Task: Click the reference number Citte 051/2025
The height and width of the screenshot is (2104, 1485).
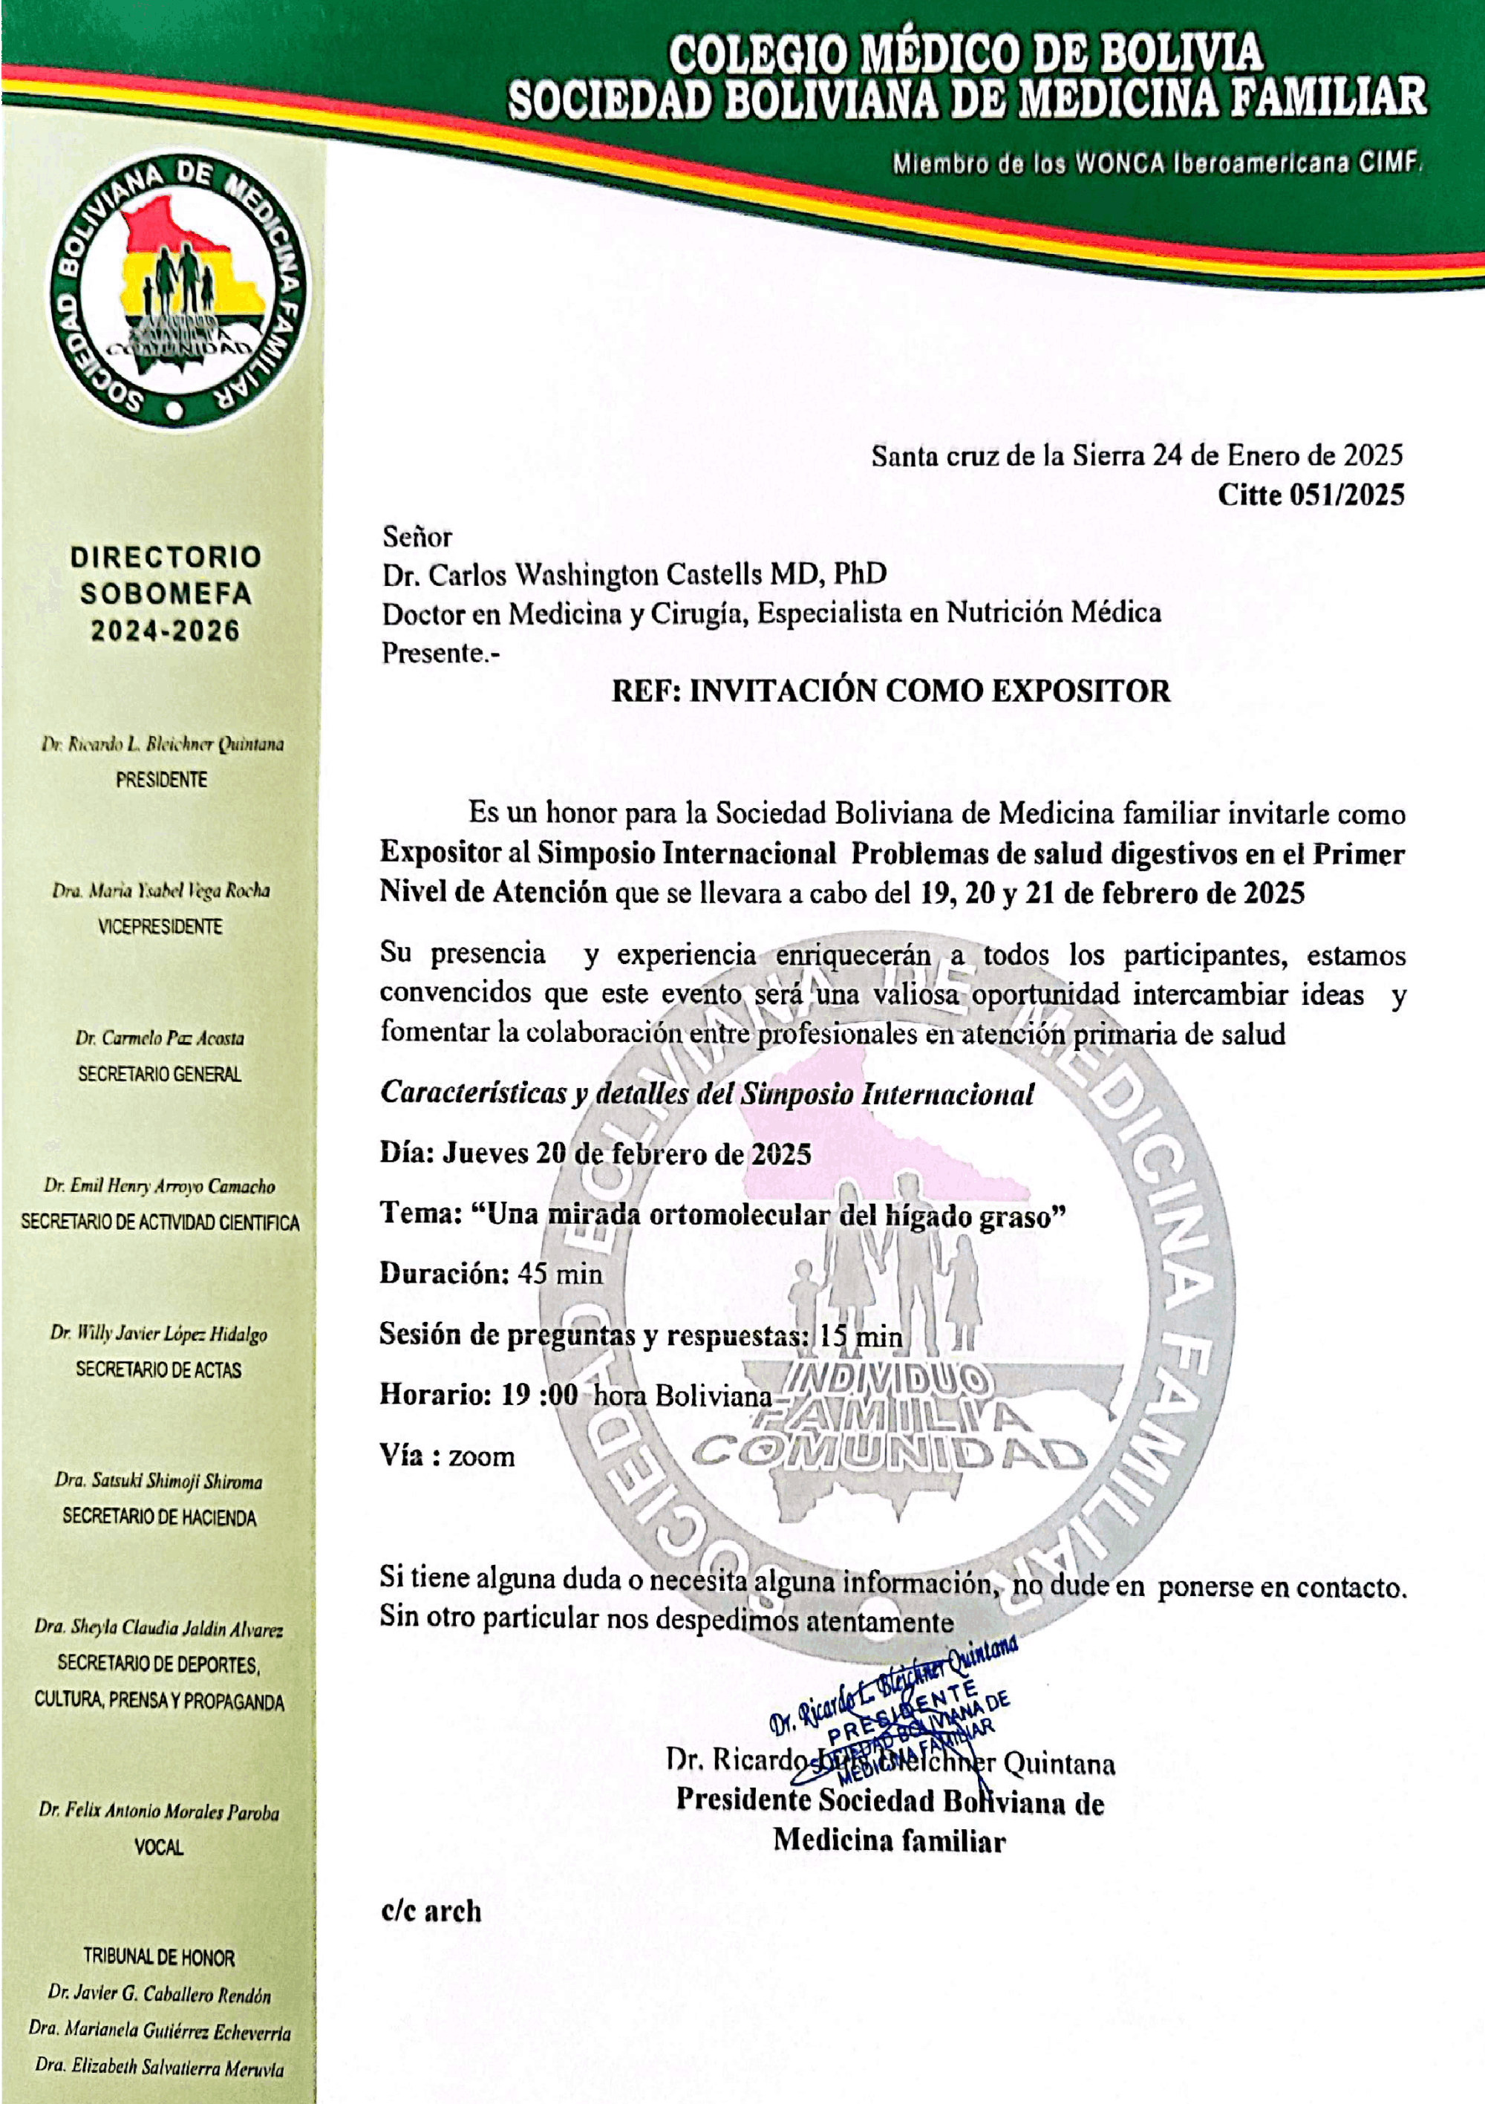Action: [x=1310, y=496]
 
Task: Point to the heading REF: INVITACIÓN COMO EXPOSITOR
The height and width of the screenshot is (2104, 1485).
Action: [x=890, y=691]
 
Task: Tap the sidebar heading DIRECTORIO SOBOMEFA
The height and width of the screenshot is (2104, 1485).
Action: [x=166, y=575]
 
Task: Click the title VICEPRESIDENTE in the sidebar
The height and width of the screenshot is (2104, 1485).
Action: [x=160, y=926]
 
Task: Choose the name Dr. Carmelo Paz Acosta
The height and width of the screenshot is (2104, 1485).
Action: [x=160, y=1038]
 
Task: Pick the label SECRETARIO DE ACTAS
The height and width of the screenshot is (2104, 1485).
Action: [x=158, y=1370]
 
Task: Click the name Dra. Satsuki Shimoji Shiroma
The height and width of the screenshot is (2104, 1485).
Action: [x=158, y=1481]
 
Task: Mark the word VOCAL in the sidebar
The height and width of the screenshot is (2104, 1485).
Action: [x=158, y=1848]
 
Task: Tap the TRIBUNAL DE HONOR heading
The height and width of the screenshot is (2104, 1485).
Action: [x=158, y=1958]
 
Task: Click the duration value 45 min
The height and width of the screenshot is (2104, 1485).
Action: [x=560, y=1274]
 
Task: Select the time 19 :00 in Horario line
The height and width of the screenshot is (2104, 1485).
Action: [x=540, y=1395]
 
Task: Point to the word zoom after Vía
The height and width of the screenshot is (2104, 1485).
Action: [x=481, y=1457]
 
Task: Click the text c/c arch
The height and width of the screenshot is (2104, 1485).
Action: [x=431, y=1912]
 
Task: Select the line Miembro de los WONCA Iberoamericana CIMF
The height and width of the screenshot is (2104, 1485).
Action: [x=1157, y=165]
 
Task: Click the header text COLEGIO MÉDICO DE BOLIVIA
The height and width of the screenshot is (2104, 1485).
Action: [x=965, y=55]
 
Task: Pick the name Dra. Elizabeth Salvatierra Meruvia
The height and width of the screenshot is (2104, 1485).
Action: [x=158, y=2068]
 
